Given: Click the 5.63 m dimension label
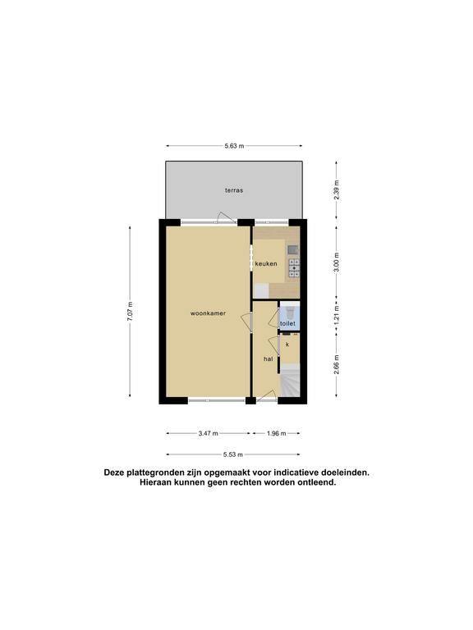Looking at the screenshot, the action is pyautogui.click(x=234, y=146).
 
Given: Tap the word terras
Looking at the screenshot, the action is pyautogui.click(x=234, y=190).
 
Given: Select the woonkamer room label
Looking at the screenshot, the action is pyautogui.click(x=208, y=313).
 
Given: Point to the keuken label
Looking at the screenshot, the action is pyautogui.click(x=266, y=264).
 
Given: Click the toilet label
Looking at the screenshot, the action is pyautogui.click(x=287, y=323).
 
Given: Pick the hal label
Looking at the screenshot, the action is pyautogui.click(x=269, y=358).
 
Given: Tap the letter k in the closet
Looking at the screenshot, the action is pyautogui.click(x=287, y=345).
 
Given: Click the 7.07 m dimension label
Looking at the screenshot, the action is pyautogui.click(x=130, y=311).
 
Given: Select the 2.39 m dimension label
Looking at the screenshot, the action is pyautogui.click(x=337, y=189).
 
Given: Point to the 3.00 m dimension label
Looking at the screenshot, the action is pyautogui.click(x=337, y=262).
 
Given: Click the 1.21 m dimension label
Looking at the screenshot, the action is pyautogui.click(x=337, y=315).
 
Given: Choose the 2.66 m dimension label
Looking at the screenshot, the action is pyautogui.click(x=337, y=364).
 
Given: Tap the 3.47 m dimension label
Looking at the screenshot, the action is pyautogui.click(x=209, y=433).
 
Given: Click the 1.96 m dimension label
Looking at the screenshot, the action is pyautogui.click(x=276, y=433).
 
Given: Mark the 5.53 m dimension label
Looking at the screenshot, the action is pyautogui.click(x=233, y=454).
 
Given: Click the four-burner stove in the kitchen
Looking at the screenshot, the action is pyautogui.click(x=294, y=268).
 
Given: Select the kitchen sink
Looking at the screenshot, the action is pyautogui.click(x=293, y=249).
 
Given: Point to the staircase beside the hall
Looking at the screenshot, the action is pyautogui.click(x=290, y=380).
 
